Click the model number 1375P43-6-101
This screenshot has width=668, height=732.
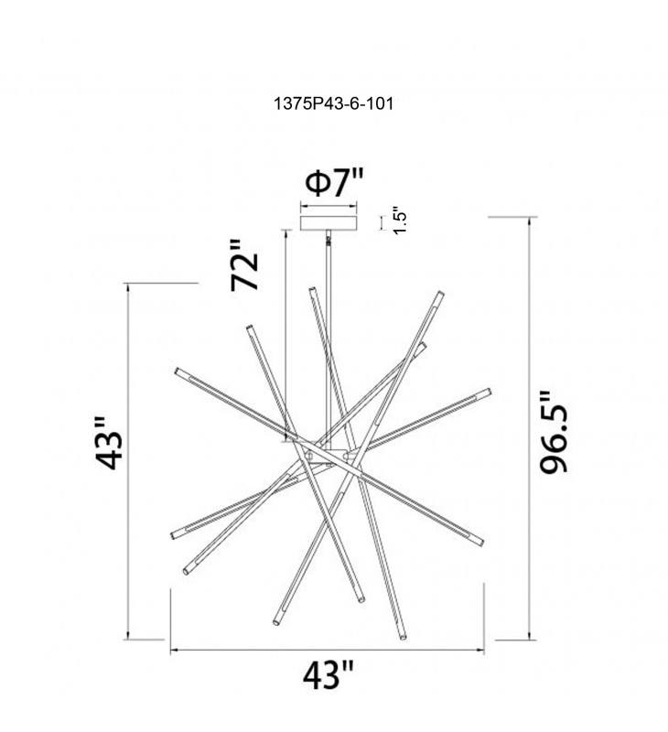[x=333, y=103]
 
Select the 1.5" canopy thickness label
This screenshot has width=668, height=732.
[x=401, y=221]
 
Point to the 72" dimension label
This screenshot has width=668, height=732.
[x=244, y=265]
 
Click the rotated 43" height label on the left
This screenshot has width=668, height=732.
[x=109, y=444]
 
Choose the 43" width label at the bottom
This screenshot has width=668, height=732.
[x=328, y=675]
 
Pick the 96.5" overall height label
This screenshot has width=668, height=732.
[x=554, y=432]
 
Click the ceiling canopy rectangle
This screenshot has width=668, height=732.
[x=329, y=222]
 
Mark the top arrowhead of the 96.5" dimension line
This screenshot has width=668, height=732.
[x=529, y=221]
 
